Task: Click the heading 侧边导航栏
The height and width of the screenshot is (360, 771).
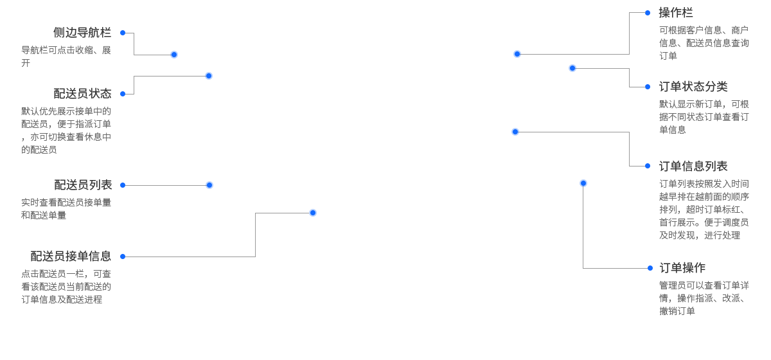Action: point(82,33)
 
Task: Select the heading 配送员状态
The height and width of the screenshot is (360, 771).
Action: point(82,94)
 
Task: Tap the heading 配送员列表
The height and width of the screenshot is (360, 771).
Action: point(82,185)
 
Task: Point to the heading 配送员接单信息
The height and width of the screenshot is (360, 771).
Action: point(71,256)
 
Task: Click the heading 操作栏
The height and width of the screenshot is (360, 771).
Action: point(676,13)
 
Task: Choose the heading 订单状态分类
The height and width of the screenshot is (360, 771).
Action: point(693,87)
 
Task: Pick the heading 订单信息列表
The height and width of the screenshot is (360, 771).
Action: point(693,166)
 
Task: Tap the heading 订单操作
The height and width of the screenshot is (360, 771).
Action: point(682,268)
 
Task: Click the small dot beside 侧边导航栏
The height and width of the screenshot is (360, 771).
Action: point(123,33)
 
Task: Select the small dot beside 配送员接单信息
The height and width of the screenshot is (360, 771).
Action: point(123,256)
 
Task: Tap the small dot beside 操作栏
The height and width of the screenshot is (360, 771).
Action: point(648,13)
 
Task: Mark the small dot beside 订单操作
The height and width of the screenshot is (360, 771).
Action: point(650,268)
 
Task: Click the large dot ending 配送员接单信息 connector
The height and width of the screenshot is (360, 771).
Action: point(313,213)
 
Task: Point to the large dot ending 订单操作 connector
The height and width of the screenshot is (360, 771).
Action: point(583,183)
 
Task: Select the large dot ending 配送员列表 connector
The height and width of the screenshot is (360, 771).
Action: point(209,185)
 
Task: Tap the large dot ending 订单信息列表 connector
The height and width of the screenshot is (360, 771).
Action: point(515,132)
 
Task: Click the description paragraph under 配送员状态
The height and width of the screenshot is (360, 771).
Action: point(66,130)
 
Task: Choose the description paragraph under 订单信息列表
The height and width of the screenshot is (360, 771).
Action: point(704,210)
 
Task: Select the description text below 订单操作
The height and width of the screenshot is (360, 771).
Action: point(704,298)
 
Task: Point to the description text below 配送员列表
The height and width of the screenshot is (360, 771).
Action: point(66,209)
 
